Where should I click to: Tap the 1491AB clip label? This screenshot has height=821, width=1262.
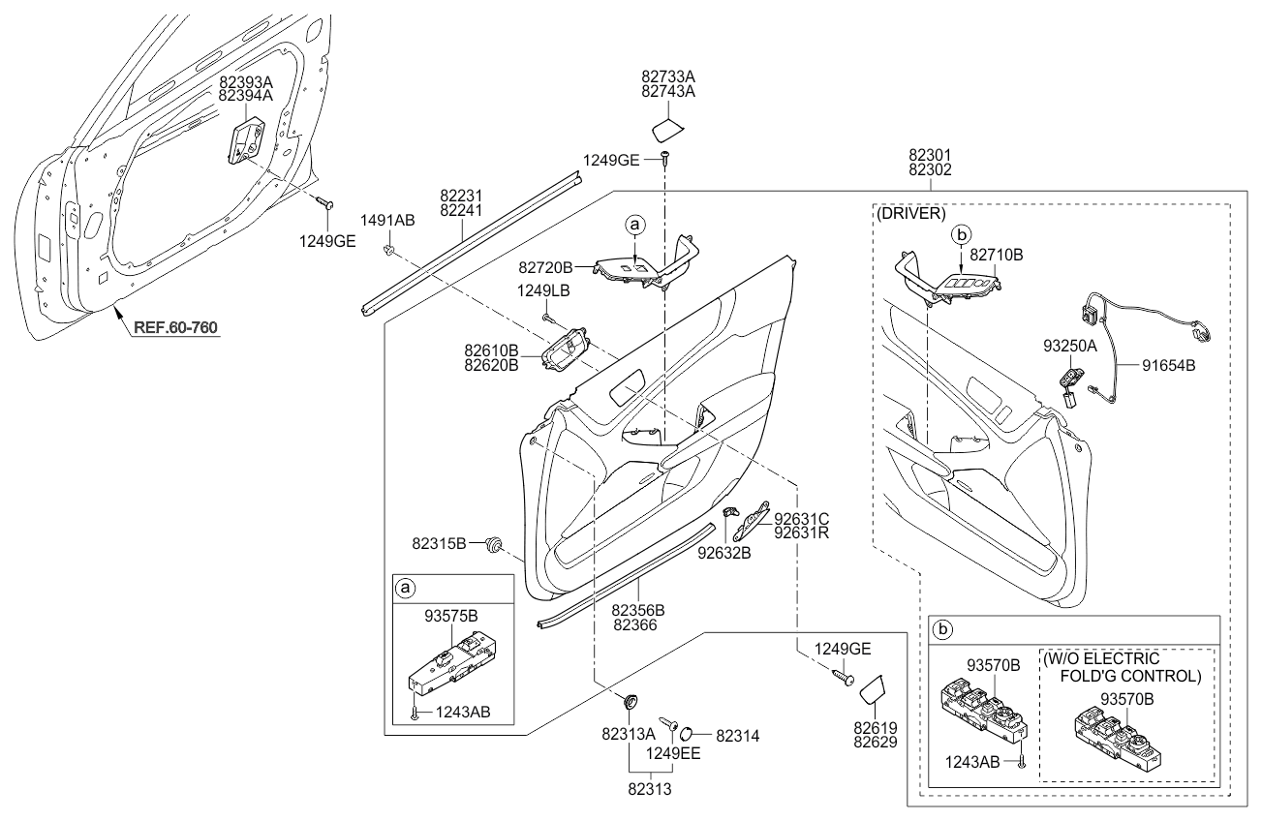[387, 221]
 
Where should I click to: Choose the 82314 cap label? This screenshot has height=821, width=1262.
[738, 736]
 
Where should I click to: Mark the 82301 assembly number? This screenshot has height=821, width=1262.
[930, 153]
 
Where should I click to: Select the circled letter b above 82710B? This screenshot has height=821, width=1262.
[961, 233]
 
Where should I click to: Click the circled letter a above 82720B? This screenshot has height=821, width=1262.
[635, 225]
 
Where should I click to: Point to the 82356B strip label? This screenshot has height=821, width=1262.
[637, 610]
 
